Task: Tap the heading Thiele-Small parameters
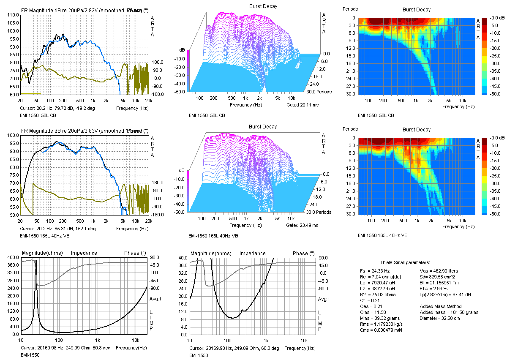tap(399, 262)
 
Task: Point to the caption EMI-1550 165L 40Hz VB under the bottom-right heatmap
tap(382, 235)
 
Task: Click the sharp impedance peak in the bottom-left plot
tap(36, 261)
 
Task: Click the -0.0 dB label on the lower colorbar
tap(494, 138)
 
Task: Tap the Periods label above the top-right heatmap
tap(350, 9)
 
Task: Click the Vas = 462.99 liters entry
tap(439, 271)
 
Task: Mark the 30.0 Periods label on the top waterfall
tap(320, 92)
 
